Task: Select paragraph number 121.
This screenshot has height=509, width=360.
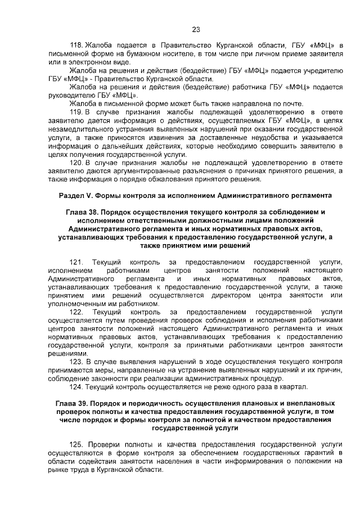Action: (76, 263)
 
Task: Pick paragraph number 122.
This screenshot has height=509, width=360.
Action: (76, 312)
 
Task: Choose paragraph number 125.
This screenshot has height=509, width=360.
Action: (76, 444)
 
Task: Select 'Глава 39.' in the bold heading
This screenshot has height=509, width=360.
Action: (75, 403)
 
